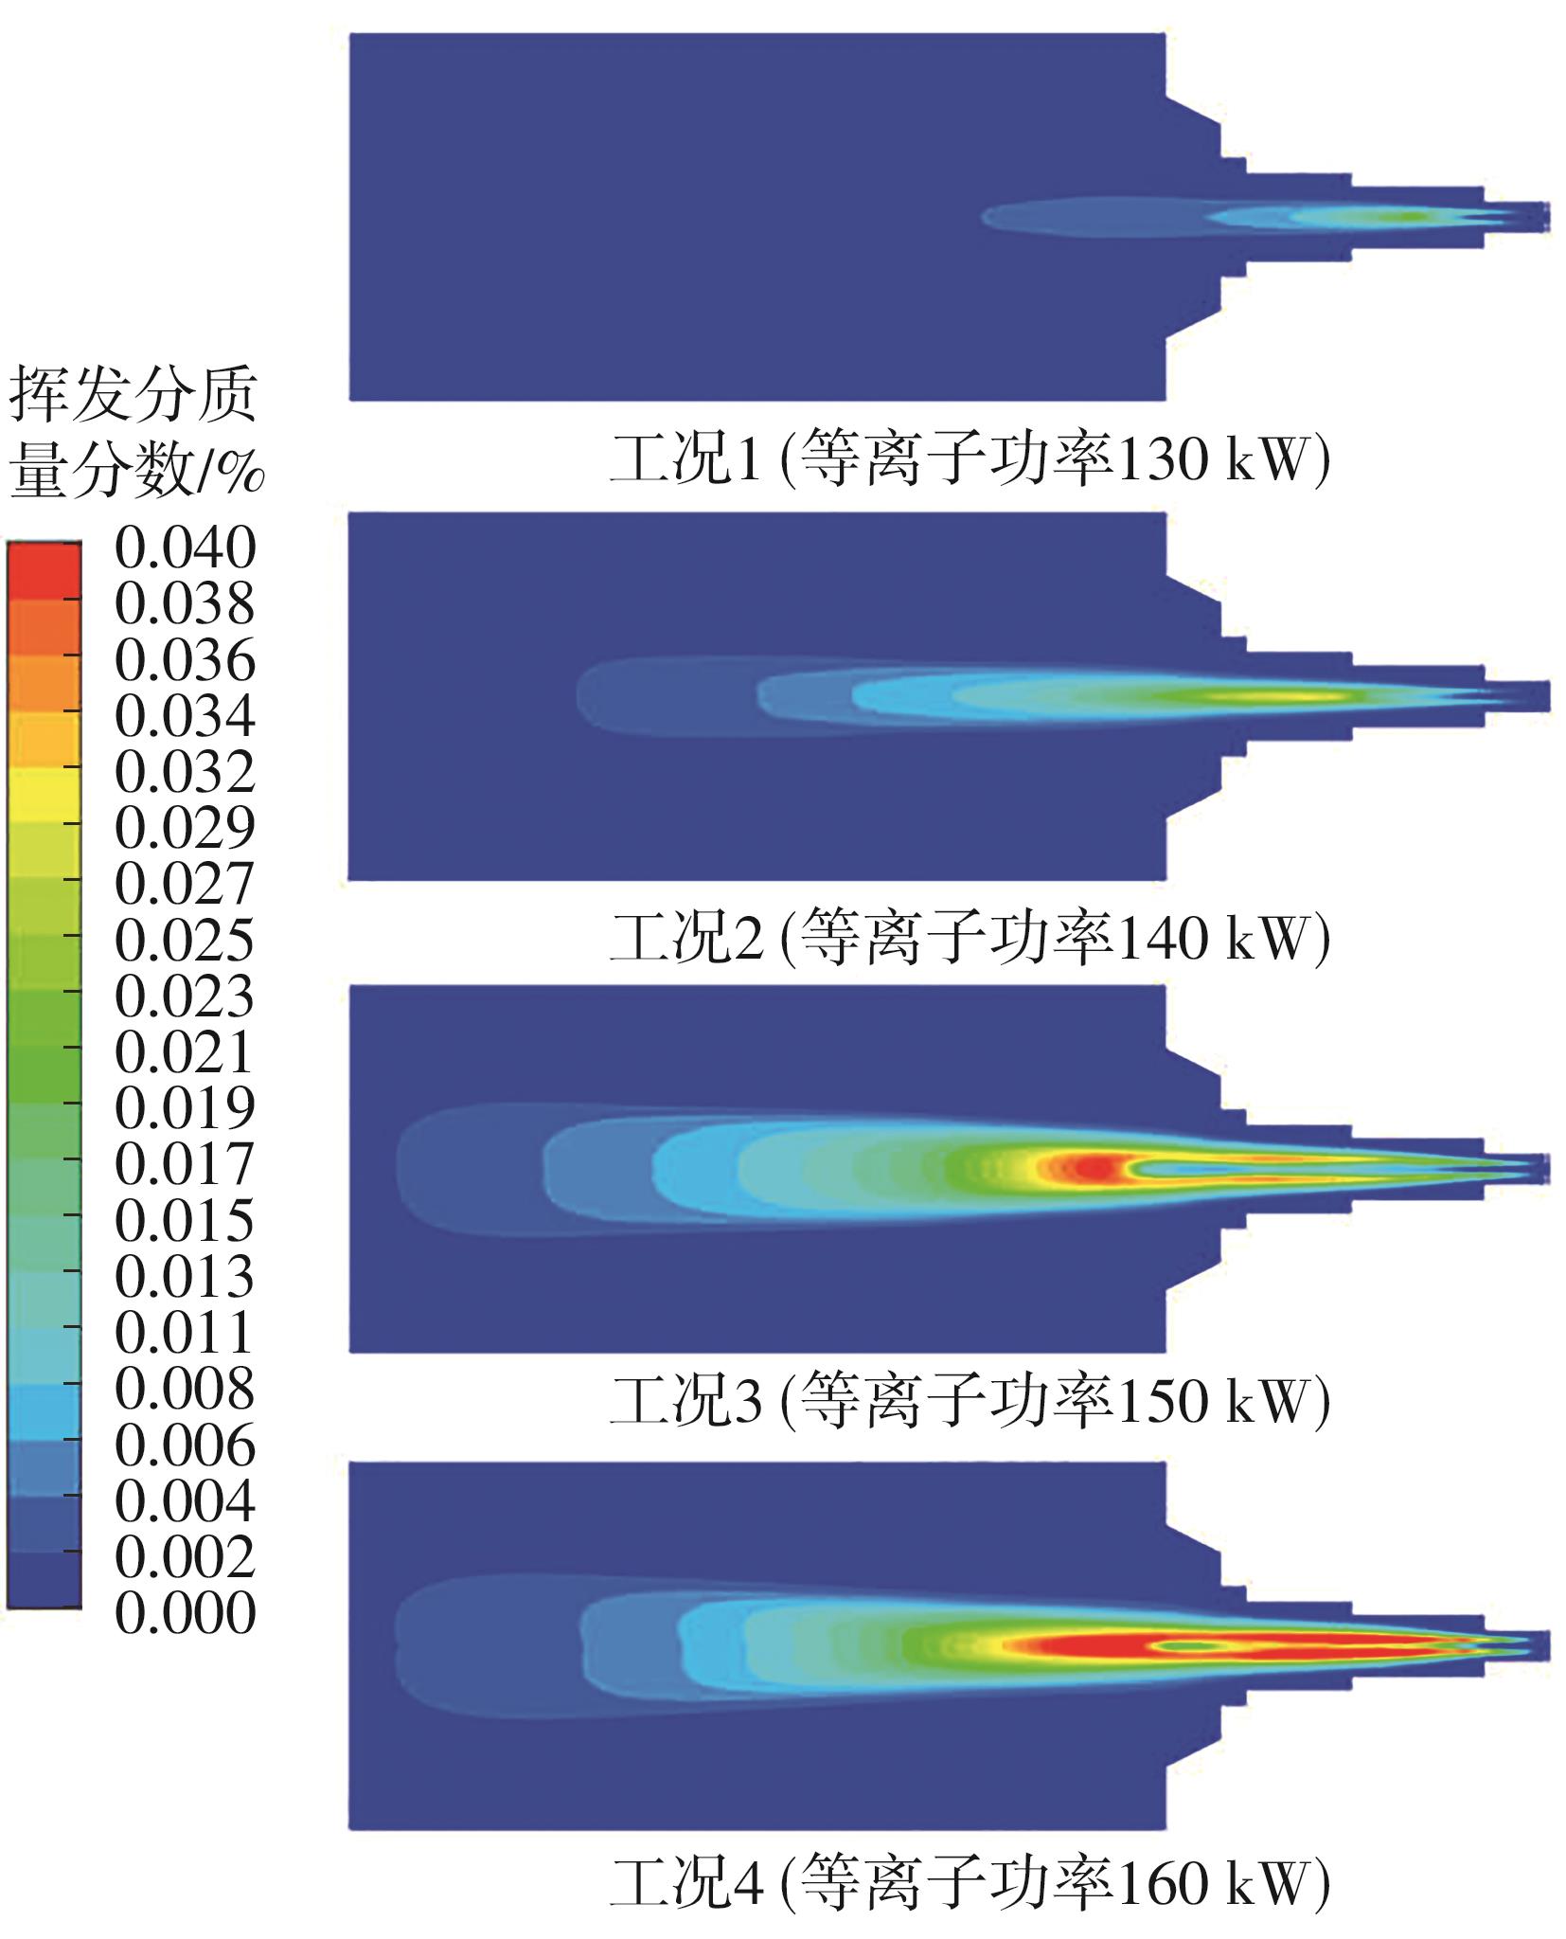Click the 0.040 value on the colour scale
185,548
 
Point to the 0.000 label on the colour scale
185,1613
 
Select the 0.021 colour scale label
185,1052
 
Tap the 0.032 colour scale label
185,772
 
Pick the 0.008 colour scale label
185,1390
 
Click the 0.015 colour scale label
185,1221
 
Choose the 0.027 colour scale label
185,884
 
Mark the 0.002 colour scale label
185,1557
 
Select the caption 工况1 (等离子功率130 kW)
970,461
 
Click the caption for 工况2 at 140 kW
970,938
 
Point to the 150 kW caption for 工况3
970,1402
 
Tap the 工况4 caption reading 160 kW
970,1882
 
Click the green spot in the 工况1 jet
1411,217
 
